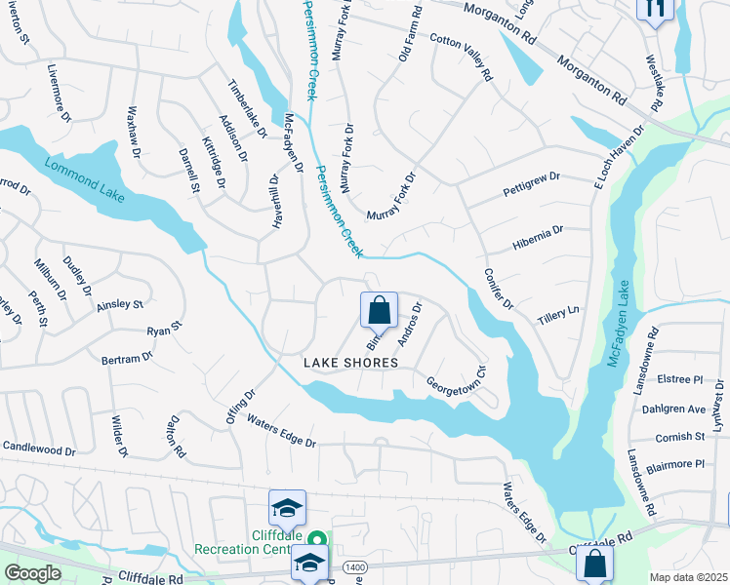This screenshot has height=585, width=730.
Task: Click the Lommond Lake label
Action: tap(85, 177)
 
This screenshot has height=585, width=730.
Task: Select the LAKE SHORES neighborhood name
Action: tap(350, 363)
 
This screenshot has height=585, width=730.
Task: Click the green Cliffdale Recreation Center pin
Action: tap(316, 539)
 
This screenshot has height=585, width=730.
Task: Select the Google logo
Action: tap(32, 573)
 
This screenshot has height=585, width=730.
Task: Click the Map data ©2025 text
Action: tap(688, 577)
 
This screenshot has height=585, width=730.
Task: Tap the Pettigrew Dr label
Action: tap(531, 182)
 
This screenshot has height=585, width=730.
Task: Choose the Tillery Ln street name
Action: tap(558, 316)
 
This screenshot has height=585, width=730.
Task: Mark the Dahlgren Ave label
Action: tap(674, 409)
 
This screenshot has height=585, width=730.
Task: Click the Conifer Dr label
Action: tap(499, 290)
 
